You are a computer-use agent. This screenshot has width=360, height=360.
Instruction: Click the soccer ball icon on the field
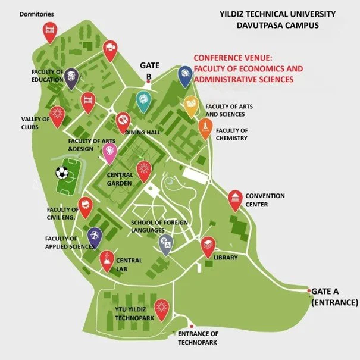61,173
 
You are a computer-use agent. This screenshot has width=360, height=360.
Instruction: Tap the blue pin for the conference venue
185,76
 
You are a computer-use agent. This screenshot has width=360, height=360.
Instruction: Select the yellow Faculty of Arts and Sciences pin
191,105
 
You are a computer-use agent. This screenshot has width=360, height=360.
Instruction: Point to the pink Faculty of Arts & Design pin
109,152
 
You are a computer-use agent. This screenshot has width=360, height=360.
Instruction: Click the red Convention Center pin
236,199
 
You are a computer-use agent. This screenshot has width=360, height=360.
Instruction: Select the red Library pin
207,246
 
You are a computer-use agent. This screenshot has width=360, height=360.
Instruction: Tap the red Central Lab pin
107,260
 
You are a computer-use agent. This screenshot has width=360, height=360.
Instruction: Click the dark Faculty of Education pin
71,77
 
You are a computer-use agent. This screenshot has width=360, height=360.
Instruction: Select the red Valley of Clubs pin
57,114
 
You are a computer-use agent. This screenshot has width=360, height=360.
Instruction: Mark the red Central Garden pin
143,170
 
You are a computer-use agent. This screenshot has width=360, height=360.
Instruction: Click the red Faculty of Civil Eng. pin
86,206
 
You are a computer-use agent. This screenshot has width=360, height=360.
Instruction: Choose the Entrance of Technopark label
198,338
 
